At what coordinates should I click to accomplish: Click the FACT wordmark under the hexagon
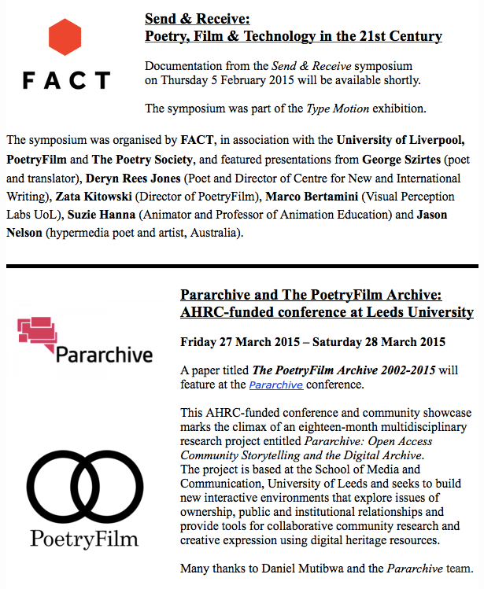(x=66, y=80)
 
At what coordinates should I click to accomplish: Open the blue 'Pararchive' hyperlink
(x=276, y=385)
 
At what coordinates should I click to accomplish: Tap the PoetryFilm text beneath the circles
(x=83, y=539)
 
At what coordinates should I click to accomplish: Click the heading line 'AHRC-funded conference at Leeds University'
(x=327, y=312)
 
